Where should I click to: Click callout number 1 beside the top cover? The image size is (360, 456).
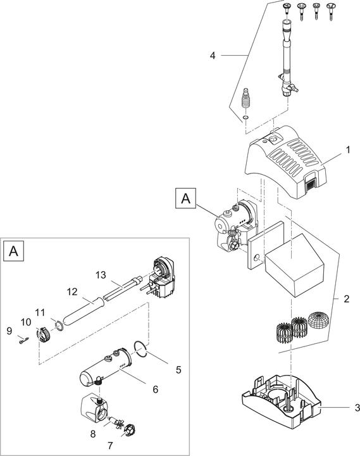pos(347,153)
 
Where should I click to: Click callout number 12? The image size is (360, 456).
pos(71,292)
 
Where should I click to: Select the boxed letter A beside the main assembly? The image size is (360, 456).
pos(185,198)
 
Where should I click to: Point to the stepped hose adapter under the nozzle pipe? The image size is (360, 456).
pos(247,99)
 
